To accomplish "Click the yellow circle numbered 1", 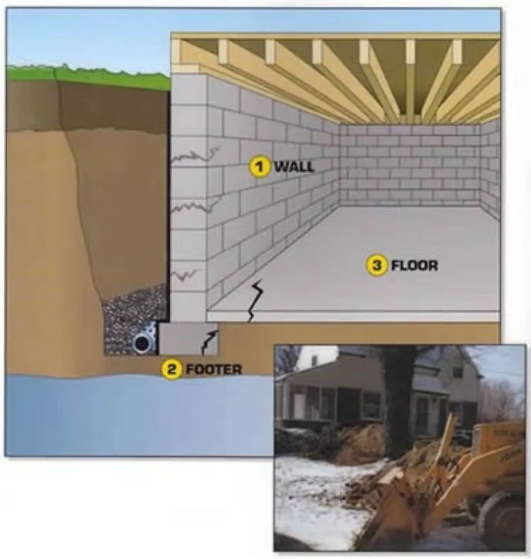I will [x=259, y=166].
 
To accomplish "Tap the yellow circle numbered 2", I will [x=172, y=369].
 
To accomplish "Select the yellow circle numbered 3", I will [x=377, y=266].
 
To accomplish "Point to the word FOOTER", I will [x=214, y=369].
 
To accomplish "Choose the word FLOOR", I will [x=415, y=266].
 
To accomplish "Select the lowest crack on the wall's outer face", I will [x=187, y=274].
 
